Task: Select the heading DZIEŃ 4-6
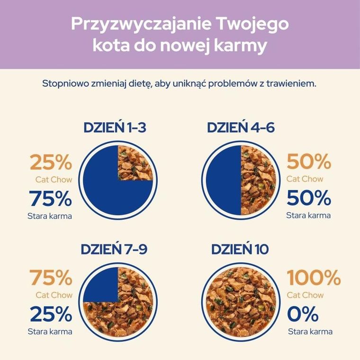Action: tap(241, 128)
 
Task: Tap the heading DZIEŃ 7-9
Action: tap(117, 249)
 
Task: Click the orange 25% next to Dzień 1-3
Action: tap(51, 162)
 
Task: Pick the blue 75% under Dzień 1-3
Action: tap(51, 198)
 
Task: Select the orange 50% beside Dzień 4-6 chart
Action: tap(309, 162)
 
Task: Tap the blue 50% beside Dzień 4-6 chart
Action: tap(309, 198)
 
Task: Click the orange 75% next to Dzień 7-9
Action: tap(51, 278)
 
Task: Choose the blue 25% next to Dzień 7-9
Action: tap(51, 314)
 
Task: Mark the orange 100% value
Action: tap(314, 278)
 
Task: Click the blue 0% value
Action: tap(303, 314)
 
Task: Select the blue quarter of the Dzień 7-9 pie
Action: tap(102, 284)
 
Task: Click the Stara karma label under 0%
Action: tap(310, 332)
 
